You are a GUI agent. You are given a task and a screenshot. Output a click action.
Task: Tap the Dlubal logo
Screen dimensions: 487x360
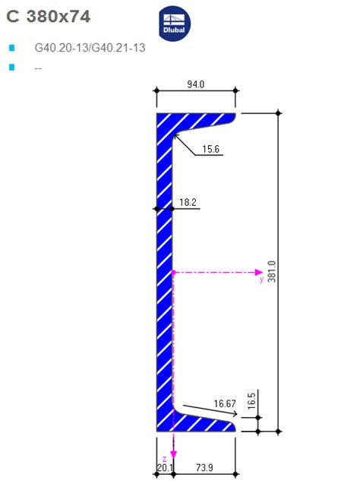click(x=175, y=24)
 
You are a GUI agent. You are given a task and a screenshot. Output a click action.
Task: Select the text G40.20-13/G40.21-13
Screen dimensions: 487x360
click(x=90, y=48)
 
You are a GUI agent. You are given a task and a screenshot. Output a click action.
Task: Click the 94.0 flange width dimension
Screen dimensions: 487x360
click(x=195, y=84)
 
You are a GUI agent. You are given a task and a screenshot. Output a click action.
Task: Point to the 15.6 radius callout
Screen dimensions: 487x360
click(x=211, y=150)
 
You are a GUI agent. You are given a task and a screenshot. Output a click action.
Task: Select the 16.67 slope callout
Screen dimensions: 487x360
click(x=226, y=404)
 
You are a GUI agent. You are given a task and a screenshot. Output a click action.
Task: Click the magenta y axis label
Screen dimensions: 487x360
click(x=261, y=279)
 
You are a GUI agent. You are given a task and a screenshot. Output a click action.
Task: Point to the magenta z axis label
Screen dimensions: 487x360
click(x=165, y=438)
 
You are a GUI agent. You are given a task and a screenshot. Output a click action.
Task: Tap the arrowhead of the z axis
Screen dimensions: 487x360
click(x=173, y=455)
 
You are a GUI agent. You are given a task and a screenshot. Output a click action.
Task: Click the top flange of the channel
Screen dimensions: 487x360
click(x=197, y=119)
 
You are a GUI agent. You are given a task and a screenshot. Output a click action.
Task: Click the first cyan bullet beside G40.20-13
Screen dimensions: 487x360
click(x=11, y=48)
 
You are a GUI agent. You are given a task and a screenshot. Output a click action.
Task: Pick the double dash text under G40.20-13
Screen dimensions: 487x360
click(x=38, y=68)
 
